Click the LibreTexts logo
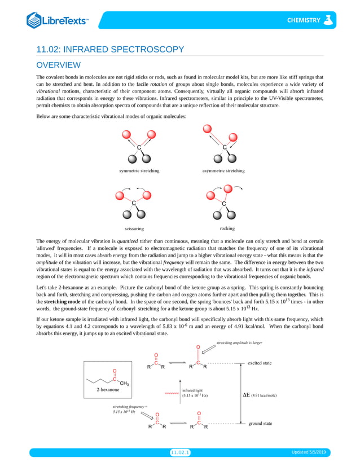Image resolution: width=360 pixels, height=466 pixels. (57, 21)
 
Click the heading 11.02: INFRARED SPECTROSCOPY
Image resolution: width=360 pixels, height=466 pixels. (110, 50)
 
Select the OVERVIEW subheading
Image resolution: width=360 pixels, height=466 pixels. (58, 65)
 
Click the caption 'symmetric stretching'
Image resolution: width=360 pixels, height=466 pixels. (139, 170)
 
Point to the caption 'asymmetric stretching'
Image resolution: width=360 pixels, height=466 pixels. (223, 170)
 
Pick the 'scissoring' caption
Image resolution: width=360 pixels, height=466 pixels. (134, 228)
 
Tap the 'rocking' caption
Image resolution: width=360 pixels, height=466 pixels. (227, 228)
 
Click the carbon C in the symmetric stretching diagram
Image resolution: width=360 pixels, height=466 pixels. (139, 148)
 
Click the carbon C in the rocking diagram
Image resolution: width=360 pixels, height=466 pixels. (224, 204)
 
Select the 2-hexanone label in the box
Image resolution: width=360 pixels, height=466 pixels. (108, 389)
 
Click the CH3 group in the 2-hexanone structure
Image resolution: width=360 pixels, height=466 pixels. (125, 384)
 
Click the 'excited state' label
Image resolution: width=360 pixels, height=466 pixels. (260, 363)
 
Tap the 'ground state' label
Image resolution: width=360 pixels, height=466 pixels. (260, 423)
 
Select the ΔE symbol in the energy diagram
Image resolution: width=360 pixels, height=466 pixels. (246, 395)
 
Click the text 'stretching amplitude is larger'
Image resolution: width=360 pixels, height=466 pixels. (239, 342)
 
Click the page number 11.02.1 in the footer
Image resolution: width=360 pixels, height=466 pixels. (180, 452)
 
